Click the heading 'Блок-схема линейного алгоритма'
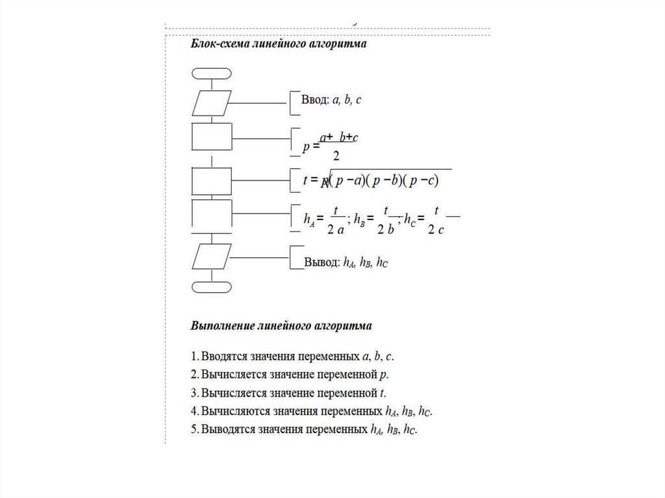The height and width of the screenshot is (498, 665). (279, 45)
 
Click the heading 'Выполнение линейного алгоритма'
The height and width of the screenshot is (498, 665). (281, 325)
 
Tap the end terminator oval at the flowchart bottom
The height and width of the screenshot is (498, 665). (212, 286)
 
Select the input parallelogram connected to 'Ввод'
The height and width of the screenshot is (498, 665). (212, 103)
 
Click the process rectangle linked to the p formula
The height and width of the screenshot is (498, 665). (212, 137)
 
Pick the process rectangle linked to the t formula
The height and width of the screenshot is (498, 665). (212, 181)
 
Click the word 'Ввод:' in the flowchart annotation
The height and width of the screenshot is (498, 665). (315, 100)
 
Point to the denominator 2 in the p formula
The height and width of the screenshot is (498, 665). (336, 156)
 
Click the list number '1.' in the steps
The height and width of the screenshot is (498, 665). (195, 356)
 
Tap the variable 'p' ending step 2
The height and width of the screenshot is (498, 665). (384, 375)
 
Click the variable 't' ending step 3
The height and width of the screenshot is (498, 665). (383, 393)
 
